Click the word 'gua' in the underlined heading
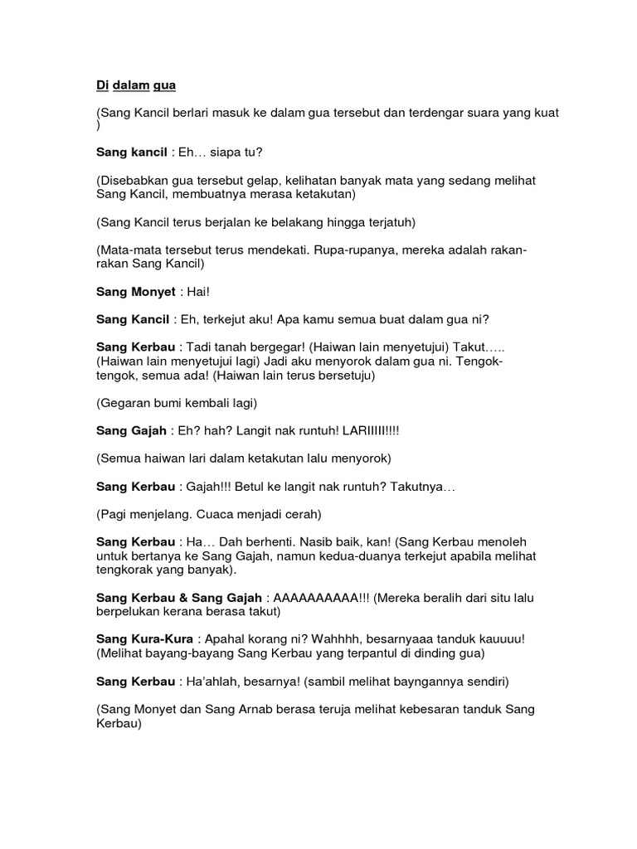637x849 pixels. pos(164,85)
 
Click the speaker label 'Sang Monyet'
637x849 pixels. pos(135,293)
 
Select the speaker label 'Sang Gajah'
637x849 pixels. pos(132,431)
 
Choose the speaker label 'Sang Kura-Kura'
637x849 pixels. pos(144,639)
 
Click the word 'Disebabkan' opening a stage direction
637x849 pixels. pos(136,181)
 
